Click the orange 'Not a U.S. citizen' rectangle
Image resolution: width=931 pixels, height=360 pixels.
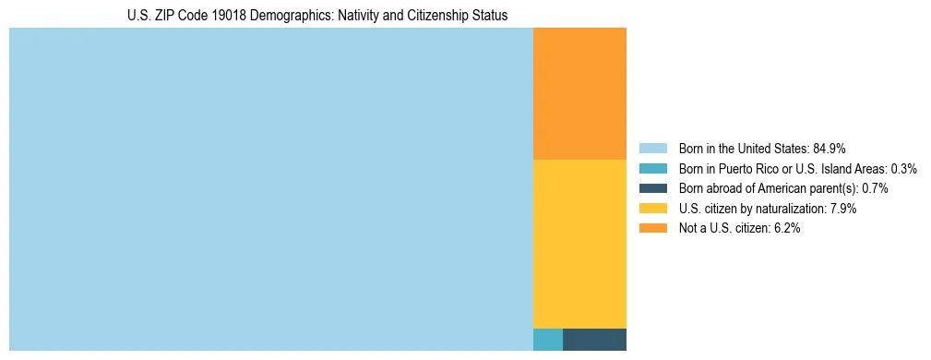click(x=579, y=93)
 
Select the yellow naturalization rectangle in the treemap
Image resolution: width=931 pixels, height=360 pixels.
click(x=579, y=244)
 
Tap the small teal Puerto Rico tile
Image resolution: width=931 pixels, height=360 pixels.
click(x=548, y=340)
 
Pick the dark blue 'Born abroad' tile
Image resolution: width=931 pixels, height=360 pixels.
click(x=594, y=340)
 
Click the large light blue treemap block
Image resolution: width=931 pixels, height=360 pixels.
click(x=271, y=189)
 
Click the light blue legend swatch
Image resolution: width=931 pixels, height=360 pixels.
click(x=652, y=149)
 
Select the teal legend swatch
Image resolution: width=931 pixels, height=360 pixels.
click(x=652, y=169)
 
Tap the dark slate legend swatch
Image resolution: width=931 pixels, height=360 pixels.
click(x=652, y=188)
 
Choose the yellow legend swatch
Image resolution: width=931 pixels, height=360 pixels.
click(x=652, y=209)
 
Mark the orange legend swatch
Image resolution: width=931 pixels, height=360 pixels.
click(x=652, y=229)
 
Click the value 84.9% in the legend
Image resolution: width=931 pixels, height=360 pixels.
click(x=830, y=149)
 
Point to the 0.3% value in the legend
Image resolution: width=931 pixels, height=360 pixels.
click(x=903, y=169)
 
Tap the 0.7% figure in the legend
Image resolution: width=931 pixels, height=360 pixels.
click(x=875, y=188)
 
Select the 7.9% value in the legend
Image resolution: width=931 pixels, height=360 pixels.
click(x=843, y=209)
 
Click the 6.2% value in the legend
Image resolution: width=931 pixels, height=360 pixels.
click(x=786, y=229)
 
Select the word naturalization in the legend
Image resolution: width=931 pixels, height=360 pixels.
click(x=790, y=209)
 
